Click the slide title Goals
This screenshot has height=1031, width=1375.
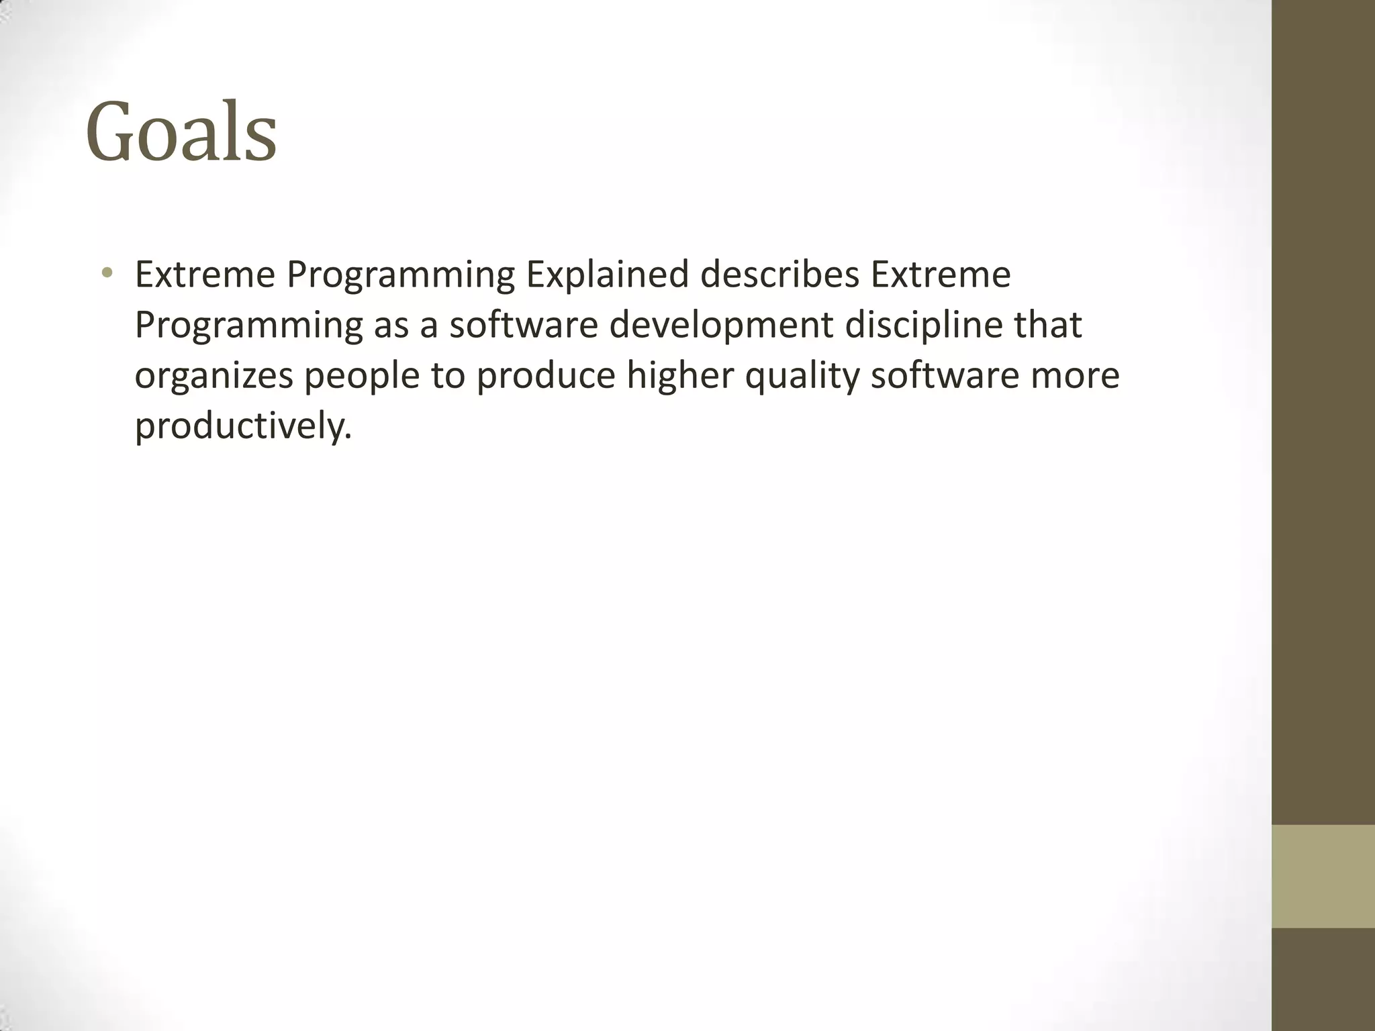[181, 132]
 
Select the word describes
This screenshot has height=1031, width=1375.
[779, 275]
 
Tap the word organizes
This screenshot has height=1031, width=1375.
[214, 376]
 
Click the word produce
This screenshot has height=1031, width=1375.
[545, 376]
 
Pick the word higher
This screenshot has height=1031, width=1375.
[679, 376]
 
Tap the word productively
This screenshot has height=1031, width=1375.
[243, 426]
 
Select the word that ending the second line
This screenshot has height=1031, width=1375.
[1047, 326]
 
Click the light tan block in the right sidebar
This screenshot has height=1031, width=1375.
[1323, 876]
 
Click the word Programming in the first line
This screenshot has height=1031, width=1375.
[400, 275]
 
